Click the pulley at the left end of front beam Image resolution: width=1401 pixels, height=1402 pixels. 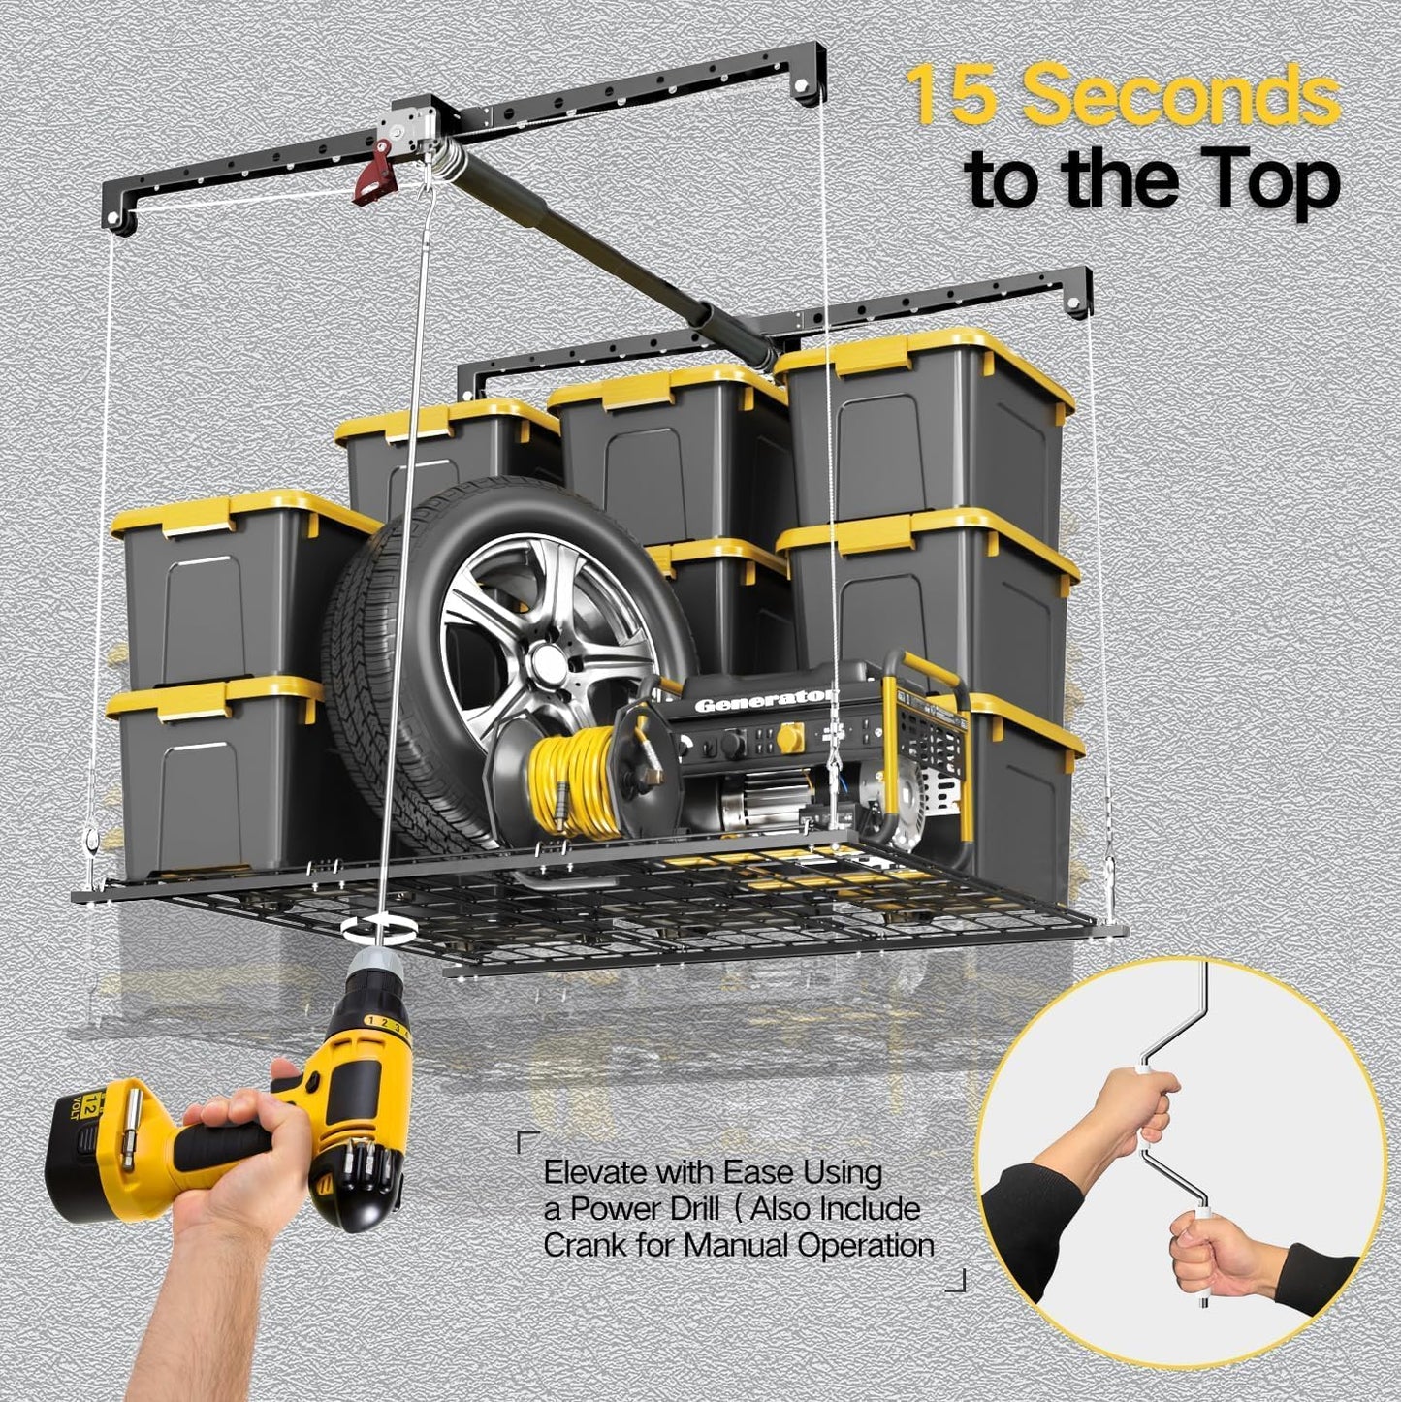click(122, 222)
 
